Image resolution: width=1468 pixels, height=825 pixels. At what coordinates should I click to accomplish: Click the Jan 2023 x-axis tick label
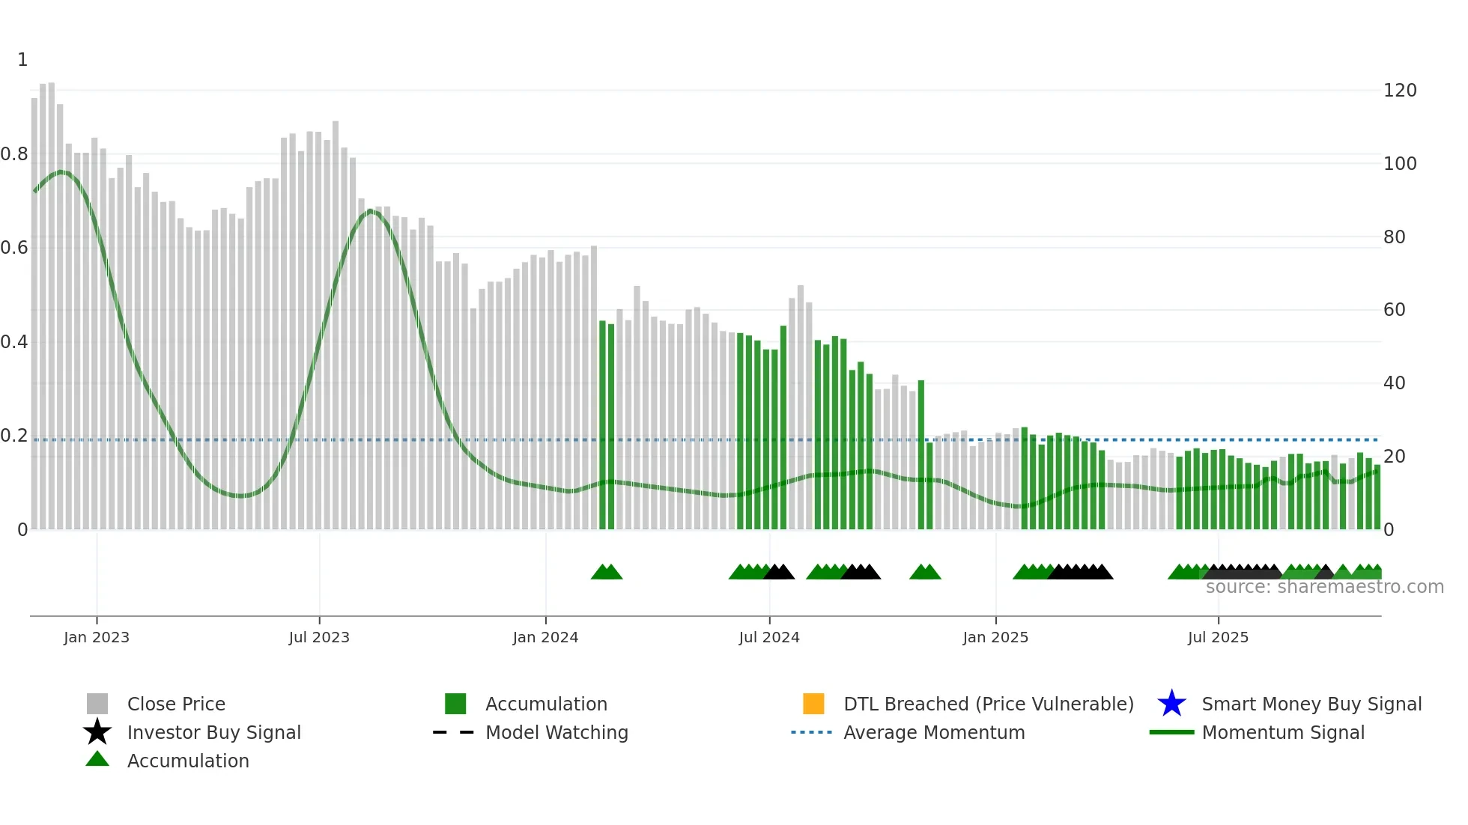96,637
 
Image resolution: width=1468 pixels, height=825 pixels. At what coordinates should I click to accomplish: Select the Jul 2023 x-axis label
319,637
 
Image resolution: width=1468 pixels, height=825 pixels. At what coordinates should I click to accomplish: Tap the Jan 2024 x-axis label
545,637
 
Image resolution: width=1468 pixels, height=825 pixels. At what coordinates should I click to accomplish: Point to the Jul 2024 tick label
769,637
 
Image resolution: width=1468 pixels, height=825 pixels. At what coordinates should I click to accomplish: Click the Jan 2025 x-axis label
995,637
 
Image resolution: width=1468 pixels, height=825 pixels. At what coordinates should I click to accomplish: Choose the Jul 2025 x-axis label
1218,637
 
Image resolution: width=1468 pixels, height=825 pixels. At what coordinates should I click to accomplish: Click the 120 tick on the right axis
1400,91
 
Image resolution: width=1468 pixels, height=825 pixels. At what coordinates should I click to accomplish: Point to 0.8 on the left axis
14,154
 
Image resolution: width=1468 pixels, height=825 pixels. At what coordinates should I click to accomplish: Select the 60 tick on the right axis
1395,310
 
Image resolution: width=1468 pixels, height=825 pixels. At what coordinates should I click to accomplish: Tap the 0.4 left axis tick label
14,342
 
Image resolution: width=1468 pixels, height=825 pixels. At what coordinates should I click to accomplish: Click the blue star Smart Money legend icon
1171,704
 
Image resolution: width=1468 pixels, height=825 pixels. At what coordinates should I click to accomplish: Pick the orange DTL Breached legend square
813,704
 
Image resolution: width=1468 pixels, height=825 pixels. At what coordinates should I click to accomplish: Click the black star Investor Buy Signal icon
97,732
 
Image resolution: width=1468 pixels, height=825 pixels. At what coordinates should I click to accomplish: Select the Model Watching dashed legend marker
454,732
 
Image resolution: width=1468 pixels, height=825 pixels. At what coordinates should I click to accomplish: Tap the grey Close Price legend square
97,704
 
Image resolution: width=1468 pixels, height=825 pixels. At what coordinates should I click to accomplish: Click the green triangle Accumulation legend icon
97,759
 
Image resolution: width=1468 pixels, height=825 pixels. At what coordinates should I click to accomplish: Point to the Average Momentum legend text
934,732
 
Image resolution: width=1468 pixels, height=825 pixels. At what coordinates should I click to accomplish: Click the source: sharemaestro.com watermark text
1324,587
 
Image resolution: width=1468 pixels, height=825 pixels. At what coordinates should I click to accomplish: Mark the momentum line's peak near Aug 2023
370,212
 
